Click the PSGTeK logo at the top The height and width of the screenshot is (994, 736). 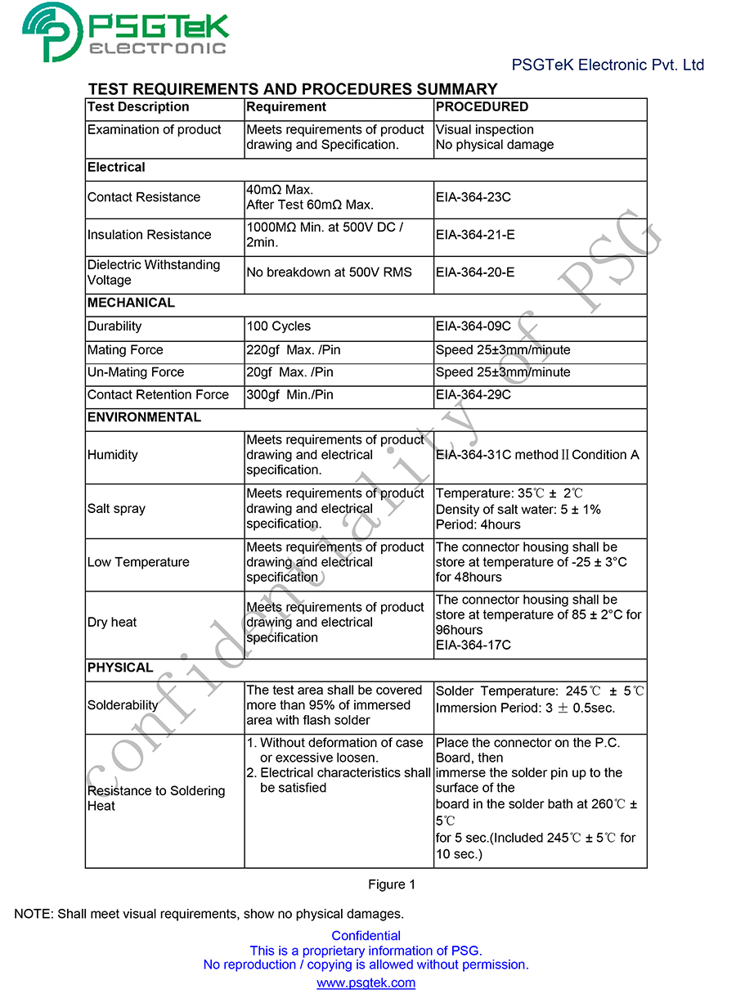125,32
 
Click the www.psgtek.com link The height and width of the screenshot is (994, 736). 366,983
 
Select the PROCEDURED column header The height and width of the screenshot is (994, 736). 482,107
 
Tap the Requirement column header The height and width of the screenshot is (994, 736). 286,107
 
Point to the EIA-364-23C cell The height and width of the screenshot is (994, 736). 473,197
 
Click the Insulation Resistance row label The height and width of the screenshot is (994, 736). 149,235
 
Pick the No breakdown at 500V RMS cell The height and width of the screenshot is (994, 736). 329,272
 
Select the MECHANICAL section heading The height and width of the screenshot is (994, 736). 131,303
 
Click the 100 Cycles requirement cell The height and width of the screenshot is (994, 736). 278,326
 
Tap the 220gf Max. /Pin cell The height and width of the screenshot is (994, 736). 293,350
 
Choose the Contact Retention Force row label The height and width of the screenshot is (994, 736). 158,394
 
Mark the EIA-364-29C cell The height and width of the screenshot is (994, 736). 473,394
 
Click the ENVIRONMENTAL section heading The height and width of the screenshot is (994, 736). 144,417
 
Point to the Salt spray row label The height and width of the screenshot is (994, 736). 116,509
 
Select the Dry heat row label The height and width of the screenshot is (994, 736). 112,623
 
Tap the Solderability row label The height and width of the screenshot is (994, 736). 123,705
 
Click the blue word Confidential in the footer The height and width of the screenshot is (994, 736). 366,936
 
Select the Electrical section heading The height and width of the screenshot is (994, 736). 116,168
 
